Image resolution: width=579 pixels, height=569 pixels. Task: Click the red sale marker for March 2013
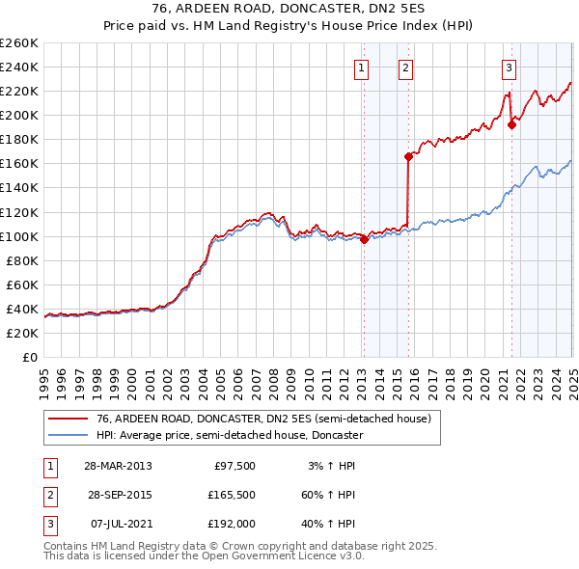[x=364, y=240]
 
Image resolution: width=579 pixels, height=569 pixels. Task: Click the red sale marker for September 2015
[x=408, y=156]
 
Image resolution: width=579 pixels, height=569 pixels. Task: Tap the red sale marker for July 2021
[x=511, y=124]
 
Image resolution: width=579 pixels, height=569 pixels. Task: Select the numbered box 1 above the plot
[x=360, y=68]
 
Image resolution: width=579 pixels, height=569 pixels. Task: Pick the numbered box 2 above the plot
[x=406, y=68]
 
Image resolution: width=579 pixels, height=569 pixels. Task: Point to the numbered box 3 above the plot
[x=509, y=68]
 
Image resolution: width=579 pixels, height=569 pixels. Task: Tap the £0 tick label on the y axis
[x=30, y=357]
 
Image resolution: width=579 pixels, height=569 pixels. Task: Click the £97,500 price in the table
[x=234, y=466]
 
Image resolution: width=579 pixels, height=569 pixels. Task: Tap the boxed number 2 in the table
[x=48, y=495]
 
